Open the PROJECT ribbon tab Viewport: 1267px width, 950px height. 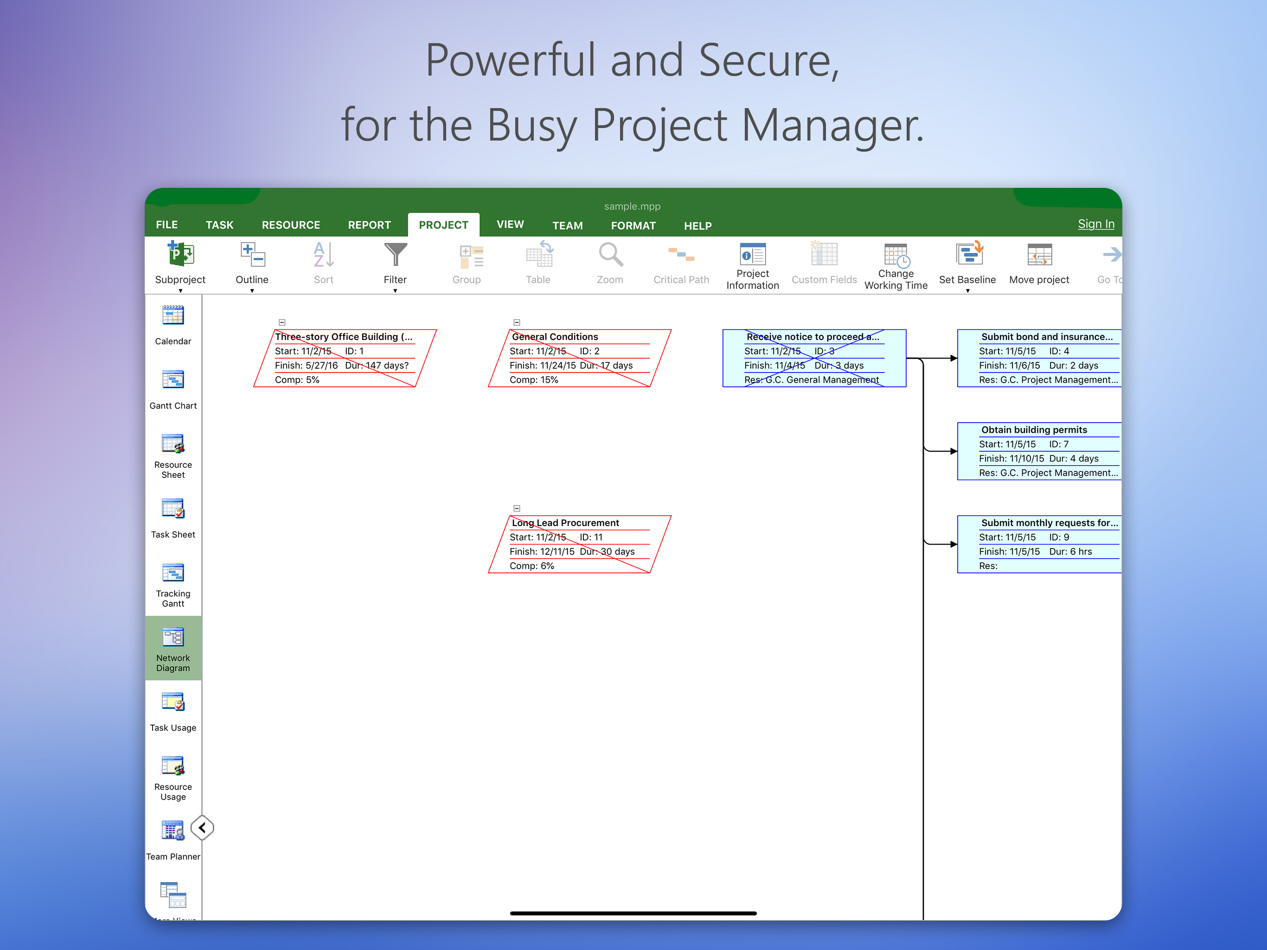443,225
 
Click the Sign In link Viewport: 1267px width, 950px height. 1096,224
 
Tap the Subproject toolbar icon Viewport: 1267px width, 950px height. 180,254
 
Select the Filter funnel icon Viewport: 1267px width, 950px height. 395,254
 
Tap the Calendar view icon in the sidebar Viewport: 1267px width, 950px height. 173,316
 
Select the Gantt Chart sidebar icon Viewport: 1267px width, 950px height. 173,380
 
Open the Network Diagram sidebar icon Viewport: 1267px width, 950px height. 173,637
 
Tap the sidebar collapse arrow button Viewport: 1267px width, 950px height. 202,828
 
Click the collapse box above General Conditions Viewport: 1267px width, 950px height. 517,322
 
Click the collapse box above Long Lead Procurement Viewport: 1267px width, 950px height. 517,508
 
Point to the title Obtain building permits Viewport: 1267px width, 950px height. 1034,430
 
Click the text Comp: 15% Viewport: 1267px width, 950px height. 534,380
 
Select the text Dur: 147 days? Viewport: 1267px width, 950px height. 377,366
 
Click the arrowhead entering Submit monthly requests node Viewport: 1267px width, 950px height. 953,544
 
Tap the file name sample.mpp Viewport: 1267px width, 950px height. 633,206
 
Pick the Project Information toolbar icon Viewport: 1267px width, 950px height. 753,254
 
